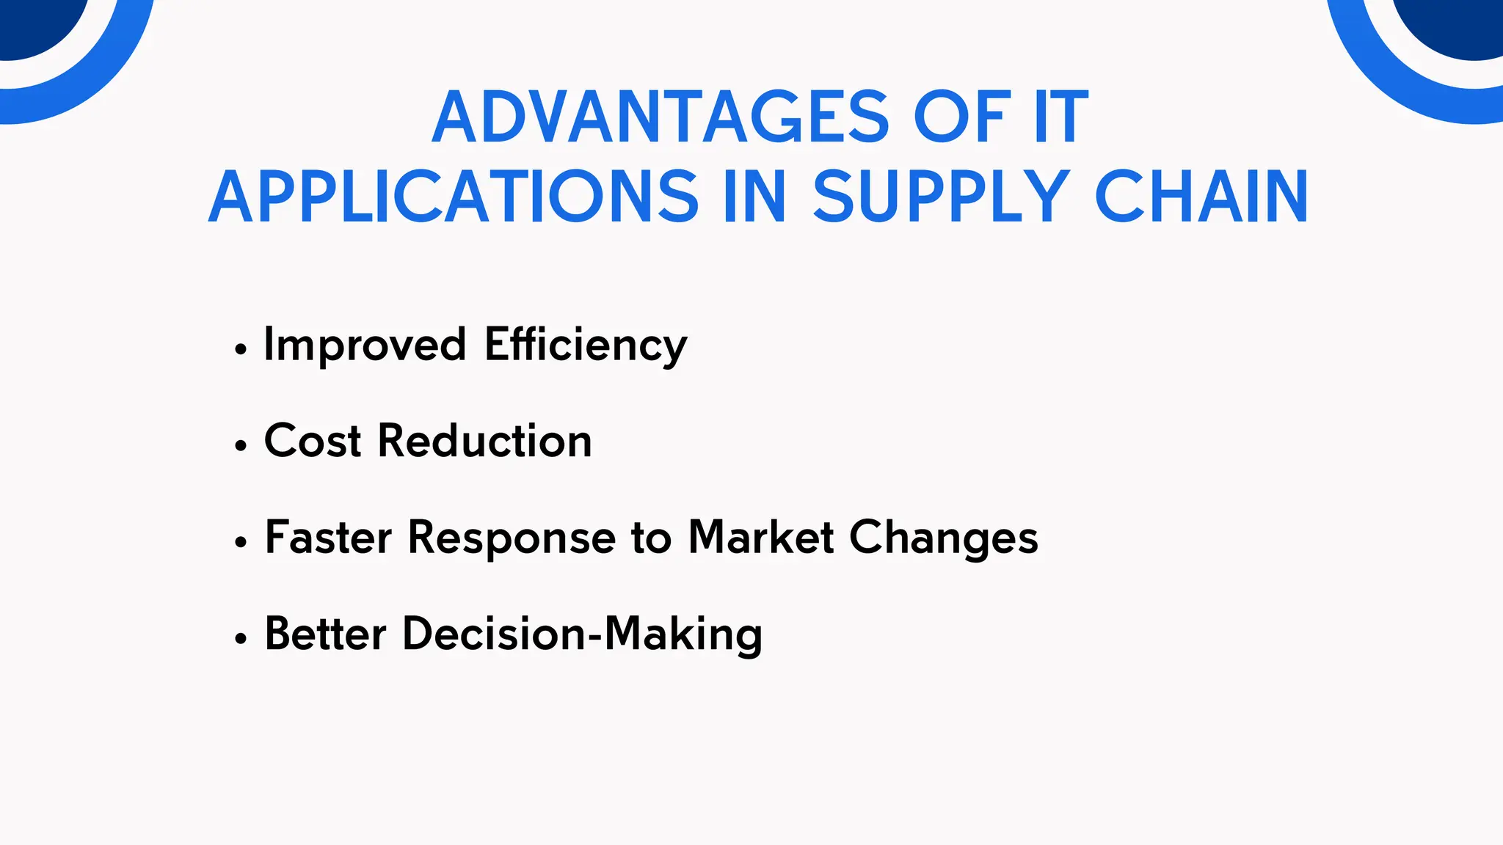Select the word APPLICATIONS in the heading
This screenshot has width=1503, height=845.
coord(454,197)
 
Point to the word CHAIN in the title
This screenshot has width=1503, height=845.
coord(1201,197)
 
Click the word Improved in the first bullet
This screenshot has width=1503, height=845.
coord(365,345)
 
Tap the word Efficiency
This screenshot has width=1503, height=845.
coord(586,345)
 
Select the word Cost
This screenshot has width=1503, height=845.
coord(313,441)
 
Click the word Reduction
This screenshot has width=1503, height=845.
coord(484,441)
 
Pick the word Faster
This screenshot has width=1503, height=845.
coord(328,538)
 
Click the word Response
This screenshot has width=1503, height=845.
coord(512,538)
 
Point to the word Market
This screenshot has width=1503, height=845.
coord(761,538)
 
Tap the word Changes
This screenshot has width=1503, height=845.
coord(944,538)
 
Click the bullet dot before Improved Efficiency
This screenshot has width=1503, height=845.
coord(241,350)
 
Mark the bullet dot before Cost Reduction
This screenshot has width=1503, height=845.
coord(241,446)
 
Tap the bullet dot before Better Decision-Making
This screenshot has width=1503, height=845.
coord(241,639)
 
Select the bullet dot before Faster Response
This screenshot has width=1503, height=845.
coord(241,543)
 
